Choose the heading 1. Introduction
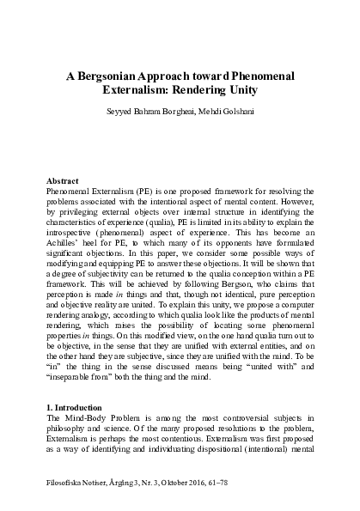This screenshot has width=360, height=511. [x=75, y=402]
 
